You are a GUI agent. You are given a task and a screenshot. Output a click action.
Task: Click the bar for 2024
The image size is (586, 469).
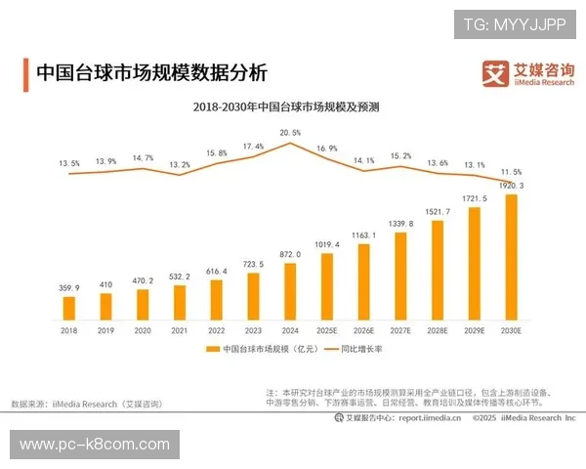pos(289,291)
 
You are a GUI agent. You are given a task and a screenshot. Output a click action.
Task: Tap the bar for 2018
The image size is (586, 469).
pos(68,308)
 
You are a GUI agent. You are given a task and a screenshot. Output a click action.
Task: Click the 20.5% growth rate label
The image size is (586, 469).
pos(290,132)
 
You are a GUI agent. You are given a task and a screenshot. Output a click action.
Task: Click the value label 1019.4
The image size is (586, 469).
pos(327,244)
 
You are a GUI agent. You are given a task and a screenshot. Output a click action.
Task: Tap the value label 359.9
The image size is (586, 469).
pos(68,288)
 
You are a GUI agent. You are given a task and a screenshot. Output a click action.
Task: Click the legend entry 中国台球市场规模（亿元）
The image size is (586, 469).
pos(262,349)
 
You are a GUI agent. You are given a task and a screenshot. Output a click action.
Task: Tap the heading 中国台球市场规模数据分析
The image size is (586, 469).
pos(150,73)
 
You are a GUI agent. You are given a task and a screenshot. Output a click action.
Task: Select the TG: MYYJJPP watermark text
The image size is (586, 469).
pos(515,23)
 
